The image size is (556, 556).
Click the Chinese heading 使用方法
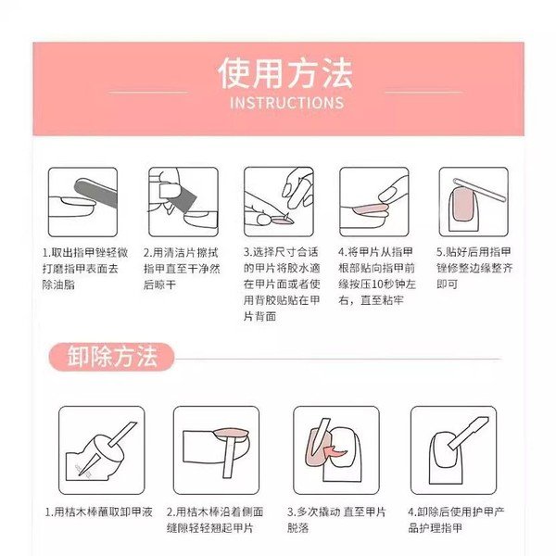click(285, 73)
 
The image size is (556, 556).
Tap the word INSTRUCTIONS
click(287, 103)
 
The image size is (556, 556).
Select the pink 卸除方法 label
click(112, 357)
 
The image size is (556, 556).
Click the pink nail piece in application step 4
click(371, 208)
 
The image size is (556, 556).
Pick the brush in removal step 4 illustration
click(468, 433)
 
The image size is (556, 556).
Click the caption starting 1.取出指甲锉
click(84, 269)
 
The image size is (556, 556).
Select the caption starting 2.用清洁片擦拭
click(182, 269)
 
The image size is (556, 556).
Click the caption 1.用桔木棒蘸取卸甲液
click(98, 512)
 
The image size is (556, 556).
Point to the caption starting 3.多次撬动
click(336, 520)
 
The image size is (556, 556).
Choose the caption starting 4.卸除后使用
click(456, 520)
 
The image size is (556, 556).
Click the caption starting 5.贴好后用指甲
click(474, 268)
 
